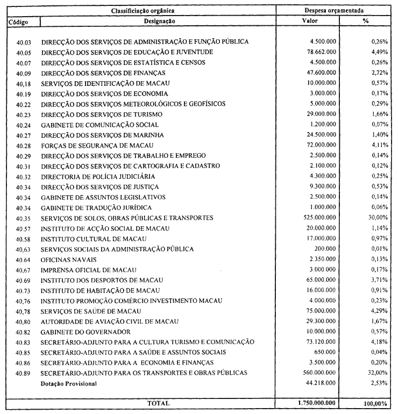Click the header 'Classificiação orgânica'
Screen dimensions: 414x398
141,11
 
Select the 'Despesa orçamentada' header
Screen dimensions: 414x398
337,11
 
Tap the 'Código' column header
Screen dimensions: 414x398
18,21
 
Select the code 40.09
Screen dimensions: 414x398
23,73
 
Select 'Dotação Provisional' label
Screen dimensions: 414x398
69,384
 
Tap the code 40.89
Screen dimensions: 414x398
23,373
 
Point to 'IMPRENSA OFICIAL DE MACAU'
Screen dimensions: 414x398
89,270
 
